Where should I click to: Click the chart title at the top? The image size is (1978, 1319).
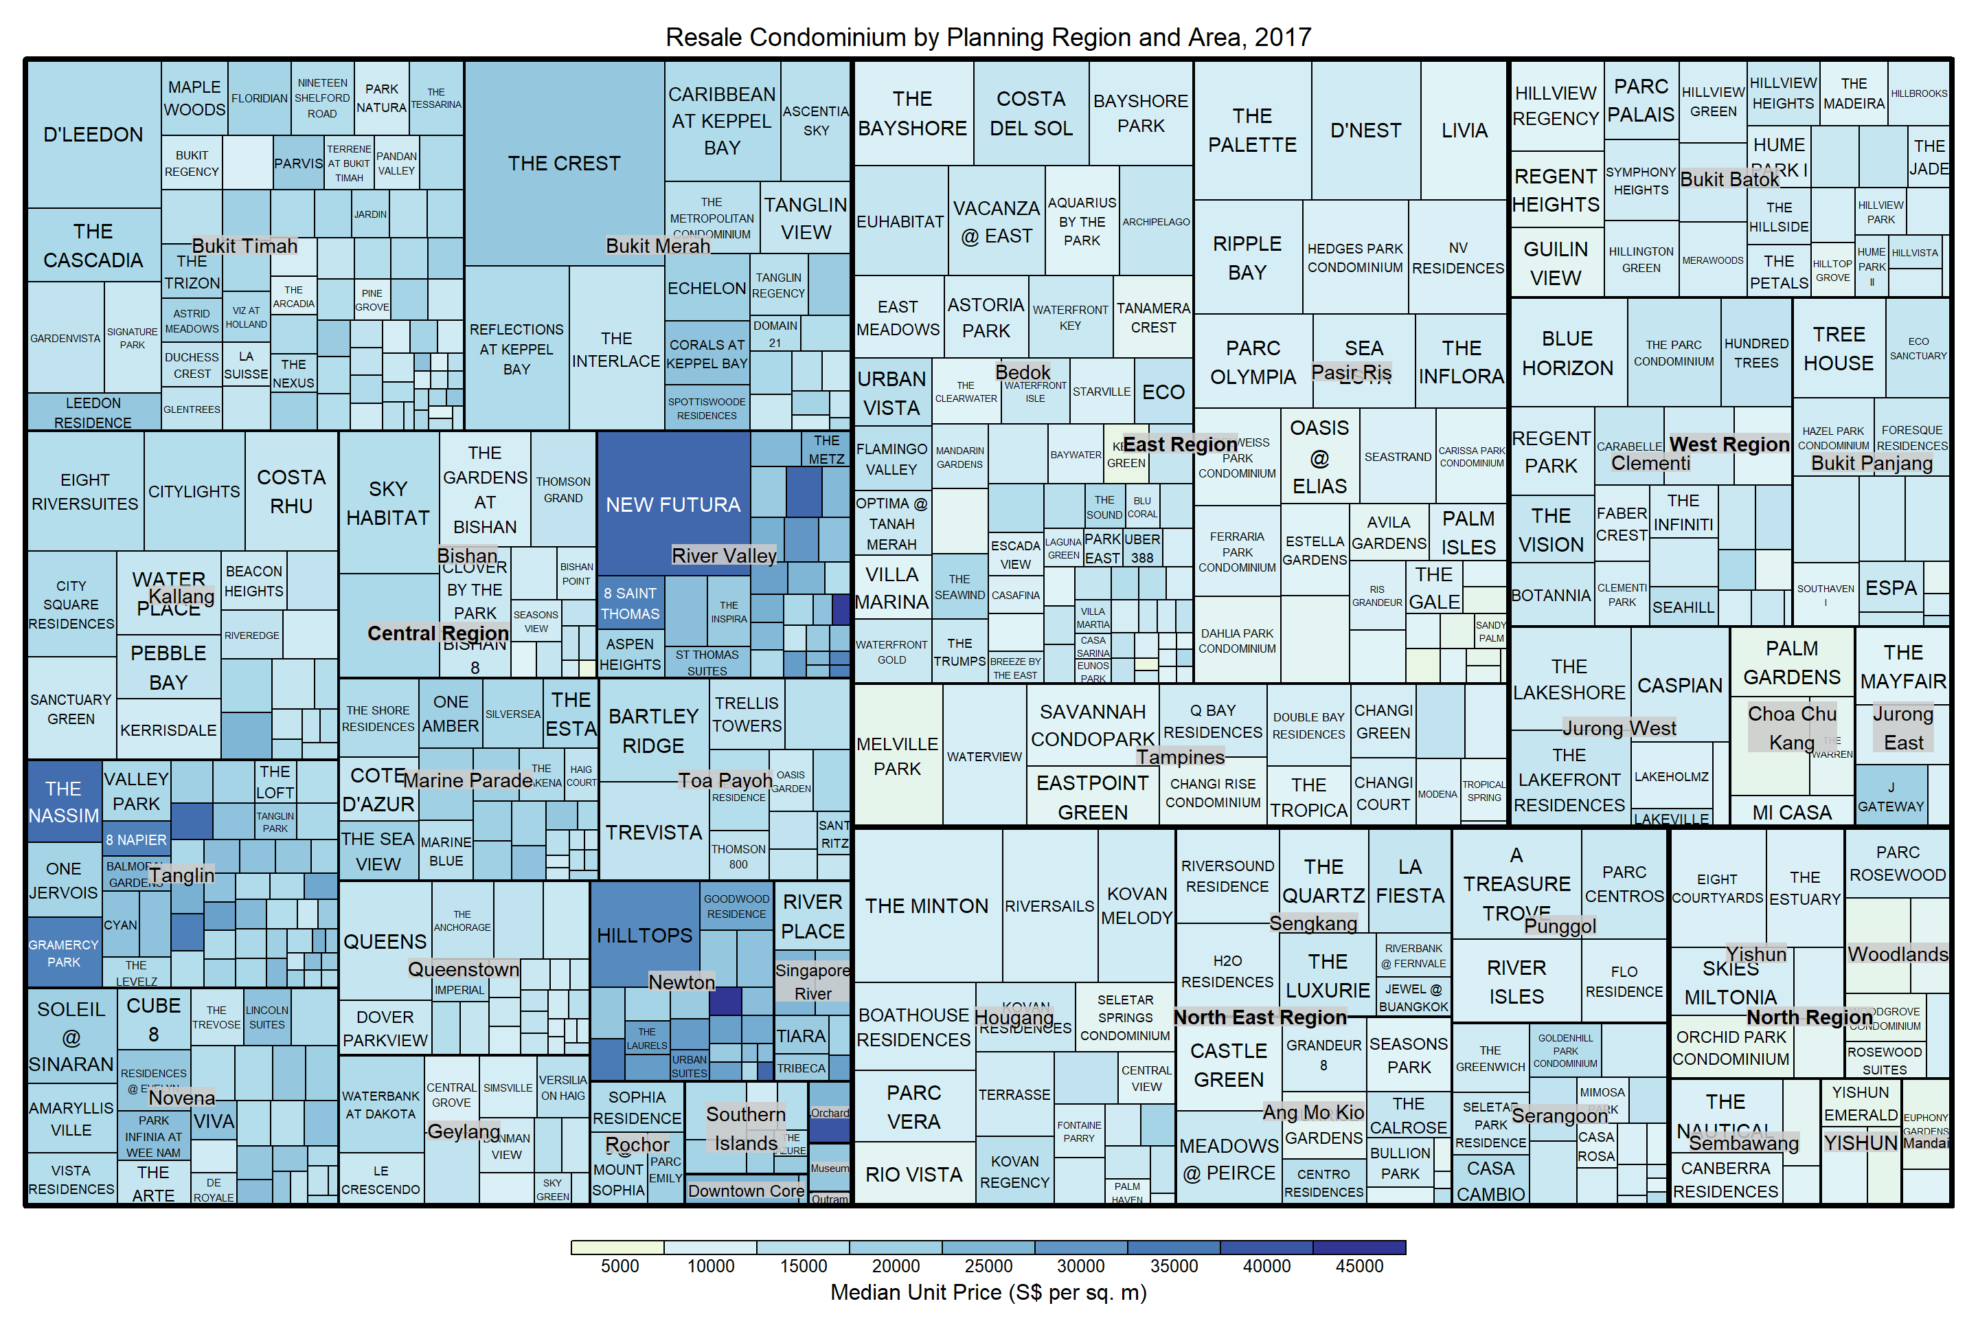(988, 37)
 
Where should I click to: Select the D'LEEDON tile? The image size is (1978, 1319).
(93, 135)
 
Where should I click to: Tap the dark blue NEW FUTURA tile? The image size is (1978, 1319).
(673, 505)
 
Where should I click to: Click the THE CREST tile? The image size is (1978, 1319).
(563, 164)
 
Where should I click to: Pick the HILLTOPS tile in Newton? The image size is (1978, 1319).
(644, 936)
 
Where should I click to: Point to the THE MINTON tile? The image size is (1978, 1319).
(927, 906)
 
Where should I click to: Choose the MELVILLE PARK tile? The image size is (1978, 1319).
(898, 756)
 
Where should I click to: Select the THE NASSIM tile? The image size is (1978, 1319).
(64, 802)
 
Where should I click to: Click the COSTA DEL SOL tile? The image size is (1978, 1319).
(1031, 113)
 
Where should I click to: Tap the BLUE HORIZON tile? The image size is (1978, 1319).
(1567, 353)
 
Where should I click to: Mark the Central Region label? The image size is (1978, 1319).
(437, 633)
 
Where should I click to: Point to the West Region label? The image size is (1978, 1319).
(1729, 444)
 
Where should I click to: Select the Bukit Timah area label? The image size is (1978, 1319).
(245, 246)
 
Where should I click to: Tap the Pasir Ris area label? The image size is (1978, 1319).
(1352, 372)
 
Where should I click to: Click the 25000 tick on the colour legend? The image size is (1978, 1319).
(988, 1266)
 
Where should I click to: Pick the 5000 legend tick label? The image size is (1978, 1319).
(619, 1266)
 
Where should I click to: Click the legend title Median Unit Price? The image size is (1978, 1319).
(988, 1293)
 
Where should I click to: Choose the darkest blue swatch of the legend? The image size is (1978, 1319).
(1359, 1248)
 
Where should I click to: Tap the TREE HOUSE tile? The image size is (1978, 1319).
(1839, 349)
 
